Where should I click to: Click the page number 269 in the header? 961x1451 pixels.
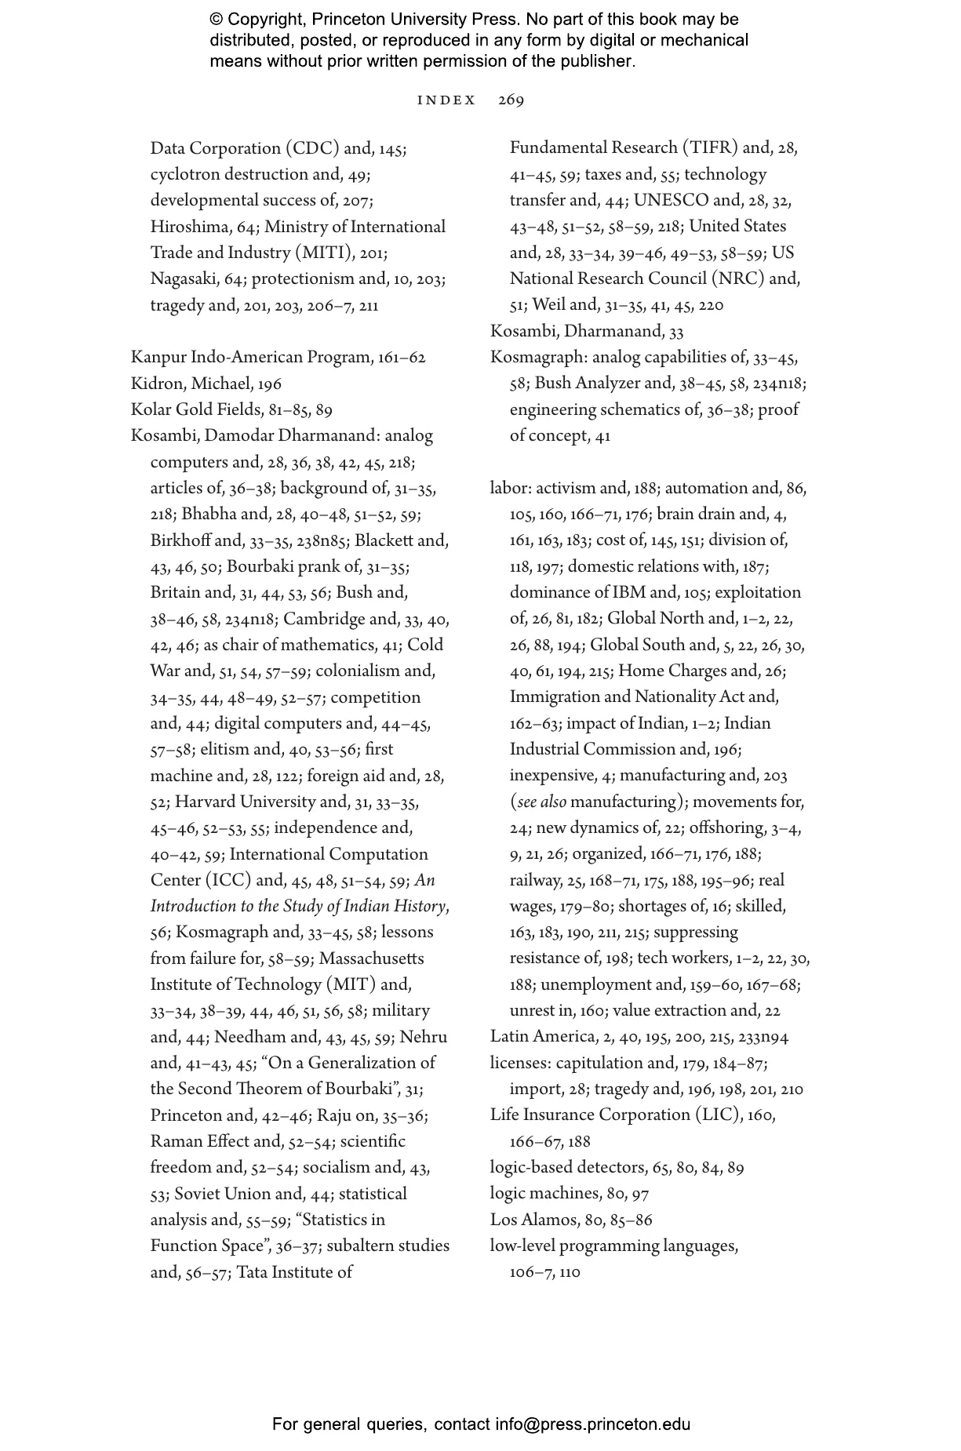pyautogui.click(x=511, y=100)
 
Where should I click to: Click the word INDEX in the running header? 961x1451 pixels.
pyautogui.click(x=446, y=100)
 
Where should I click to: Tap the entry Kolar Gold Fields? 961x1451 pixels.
pyautogui.click(x=196, y=409)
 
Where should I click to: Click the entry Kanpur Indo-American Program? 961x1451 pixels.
pyautogui.click(x=251, y=358)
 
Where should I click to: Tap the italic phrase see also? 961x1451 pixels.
pyautogui.click(x=541, y=802)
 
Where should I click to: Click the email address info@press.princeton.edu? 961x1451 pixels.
pyautogui.click(x=592, y=1424)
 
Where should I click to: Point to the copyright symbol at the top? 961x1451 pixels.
pyautogui.click(x=217, y=20)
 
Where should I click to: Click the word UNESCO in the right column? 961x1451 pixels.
pyautogui.click(x=671, y=200)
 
